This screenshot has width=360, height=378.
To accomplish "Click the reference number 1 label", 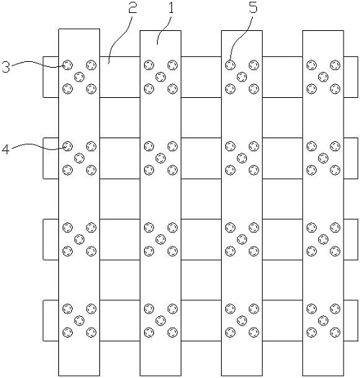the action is pos(171,8).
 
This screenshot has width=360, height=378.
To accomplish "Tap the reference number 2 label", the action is pos(132,8).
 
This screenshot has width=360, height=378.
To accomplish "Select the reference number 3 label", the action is pos(6,67).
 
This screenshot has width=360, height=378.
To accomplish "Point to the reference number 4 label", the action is pos(6,149).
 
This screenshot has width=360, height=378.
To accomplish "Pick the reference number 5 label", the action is pos(253,8).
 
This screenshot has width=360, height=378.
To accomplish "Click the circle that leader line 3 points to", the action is pos(68,65).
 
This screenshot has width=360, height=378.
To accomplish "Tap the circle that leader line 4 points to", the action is pos(68,146).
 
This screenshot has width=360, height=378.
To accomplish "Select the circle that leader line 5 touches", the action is pos(230,65).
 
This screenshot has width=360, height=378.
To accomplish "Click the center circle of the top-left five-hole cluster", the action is pos(79,77).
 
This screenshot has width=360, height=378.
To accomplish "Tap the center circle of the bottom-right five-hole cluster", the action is pos(323,320).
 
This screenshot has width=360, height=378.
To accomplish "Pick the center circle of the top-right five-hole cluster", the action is pos(323,77).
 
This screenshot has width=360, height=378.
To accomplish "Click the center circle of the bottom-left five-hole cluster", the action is pos(79,320).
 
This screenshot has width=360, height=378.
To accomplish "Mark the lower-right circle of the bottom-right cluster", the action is pos(336,333).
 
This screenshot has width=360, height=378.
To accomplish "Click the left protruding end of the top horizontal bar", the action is pos(51,77).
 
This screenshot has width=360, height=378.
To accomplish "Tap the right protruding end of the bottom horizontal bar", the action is pos(351,320).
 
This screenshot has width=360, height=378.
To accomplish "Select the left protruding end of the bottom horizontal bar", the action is pos(51,320).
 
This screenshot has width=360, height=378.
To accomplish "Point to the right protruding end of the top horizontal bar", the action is pos(351,77).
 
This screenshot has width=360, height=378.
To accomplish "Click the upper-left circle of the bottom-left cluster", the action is pos(68,309).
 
